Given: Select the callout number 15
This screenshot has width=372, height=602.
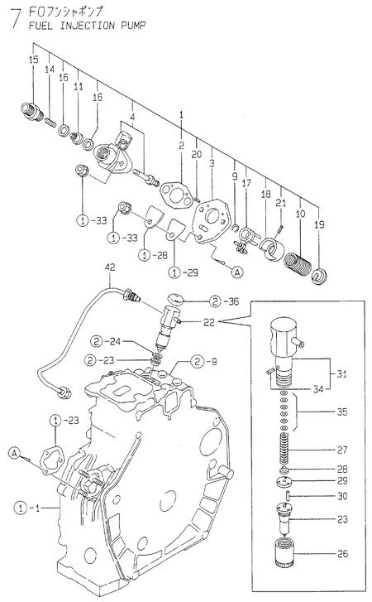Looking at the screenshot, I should [33, 60].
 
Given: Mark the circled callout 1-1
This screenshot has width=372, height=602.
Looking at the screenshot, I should [27, 506].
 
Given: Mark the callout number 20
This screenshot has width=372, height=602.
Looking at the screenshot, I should [196, 155].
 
